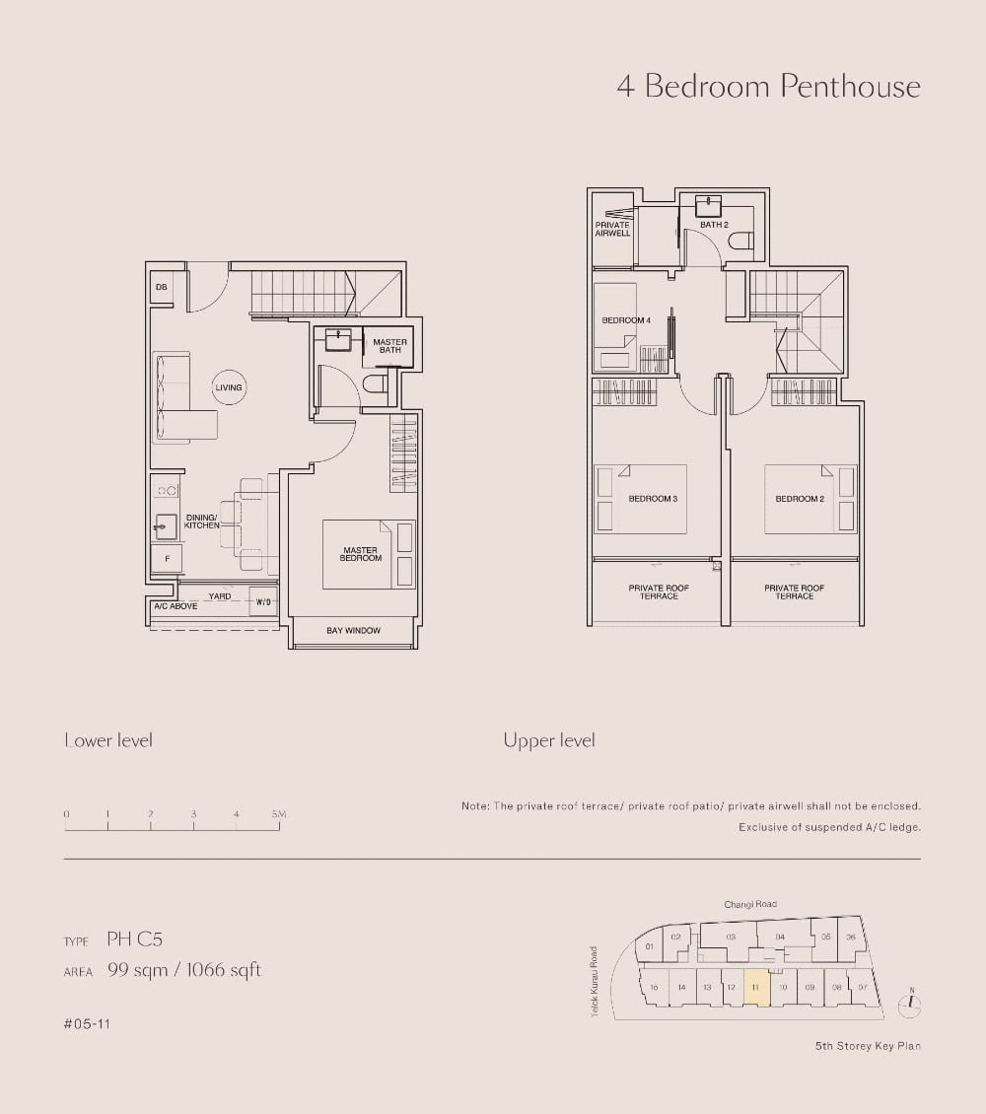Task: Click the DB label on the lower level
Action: tap(161, 287)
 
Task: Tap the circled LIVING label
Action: tap(228, 387)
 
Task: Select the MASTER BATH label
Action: tap(389, 346)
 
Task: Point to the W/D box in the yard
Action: tap(263, 601)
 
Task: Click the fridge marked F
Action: tap(167, 559)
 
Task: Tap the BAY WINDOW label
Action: tap(353, 631)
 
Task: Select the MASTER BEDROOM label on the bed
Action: tap(361, 555)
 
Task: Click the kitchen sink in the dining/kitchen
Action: tap(165, 526)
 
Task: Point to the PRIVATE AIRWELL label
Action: tap(612, 229)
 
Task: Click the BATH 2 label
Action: tap(714, 225)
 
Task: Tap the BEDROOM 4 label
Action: tap(626, 320)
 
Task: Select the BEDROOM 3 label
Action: tap(653, 499)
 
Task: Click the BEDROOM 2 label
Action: tap(799, 499)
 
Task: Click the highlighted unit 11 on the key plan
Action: tap(755, 987)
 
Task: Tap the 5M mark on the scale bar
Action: tap(279, 814)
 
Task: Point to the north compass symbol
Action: tap(911, 1004)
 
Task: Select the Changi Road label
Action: tap(750, 904)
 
